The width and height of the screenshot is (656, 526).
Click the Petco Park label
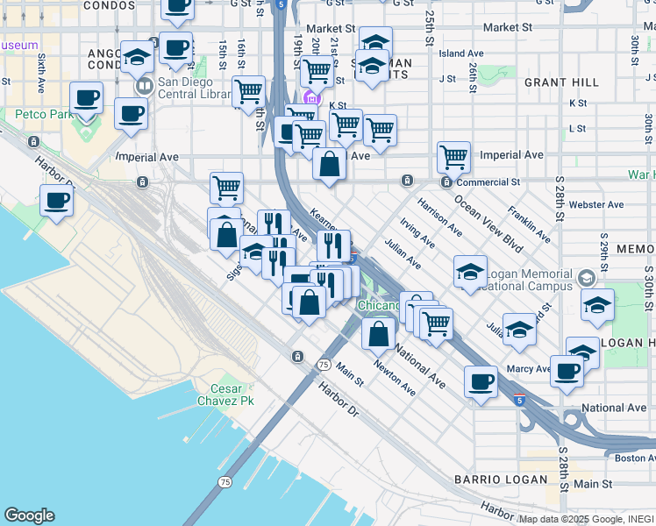[x=41, y=114]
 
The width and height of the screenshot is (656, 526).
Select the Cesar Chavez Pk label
[x=232, y=394]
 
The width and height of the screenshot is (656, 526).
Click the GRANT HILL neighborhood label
[x=561, y=82]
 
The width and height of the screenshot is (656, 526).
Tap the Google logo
[x=29, y=515]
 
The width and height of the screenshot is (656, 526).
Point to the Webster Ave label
[x=595, y=204]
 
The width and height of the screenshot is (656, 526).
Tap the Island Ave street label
[x=461, y=53]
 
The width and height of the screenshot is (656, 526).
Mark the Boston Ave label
[x=635, y=458]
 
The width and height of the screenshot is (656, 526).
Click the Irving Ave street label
[x=417, y=234]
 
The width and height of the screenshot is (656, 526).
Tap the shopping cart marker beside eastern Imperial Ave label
[x=453, y=158]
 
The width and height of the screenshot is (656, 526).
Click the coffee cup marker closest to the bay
[x=56, y=201]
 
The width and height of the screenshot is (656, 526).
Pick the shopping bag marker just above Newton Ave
[x=378, y=333]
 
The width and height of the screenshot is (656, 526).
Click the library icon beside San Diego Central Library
[x=143, y=87]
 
